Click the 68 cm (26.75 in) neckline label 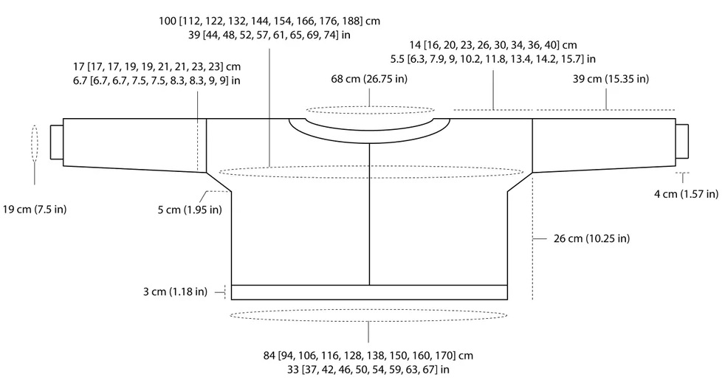369,79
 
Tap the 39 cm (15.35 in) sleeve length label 611,79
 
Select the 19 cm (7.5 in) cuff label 35,210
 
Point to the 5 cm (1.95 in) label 190,210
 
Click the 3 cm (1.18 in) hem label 175,292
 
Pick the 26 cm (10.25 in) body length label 592,238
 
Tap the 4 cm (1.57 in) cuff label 686,194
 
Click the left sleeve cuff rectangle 57,142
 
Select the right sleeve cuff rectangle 682,141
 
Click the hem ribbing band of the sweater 369,292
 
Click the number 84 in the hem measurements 269,356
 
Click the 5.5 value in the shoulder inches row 397,59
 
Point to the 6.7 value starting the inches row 79,80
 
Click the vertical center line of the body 369,214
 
